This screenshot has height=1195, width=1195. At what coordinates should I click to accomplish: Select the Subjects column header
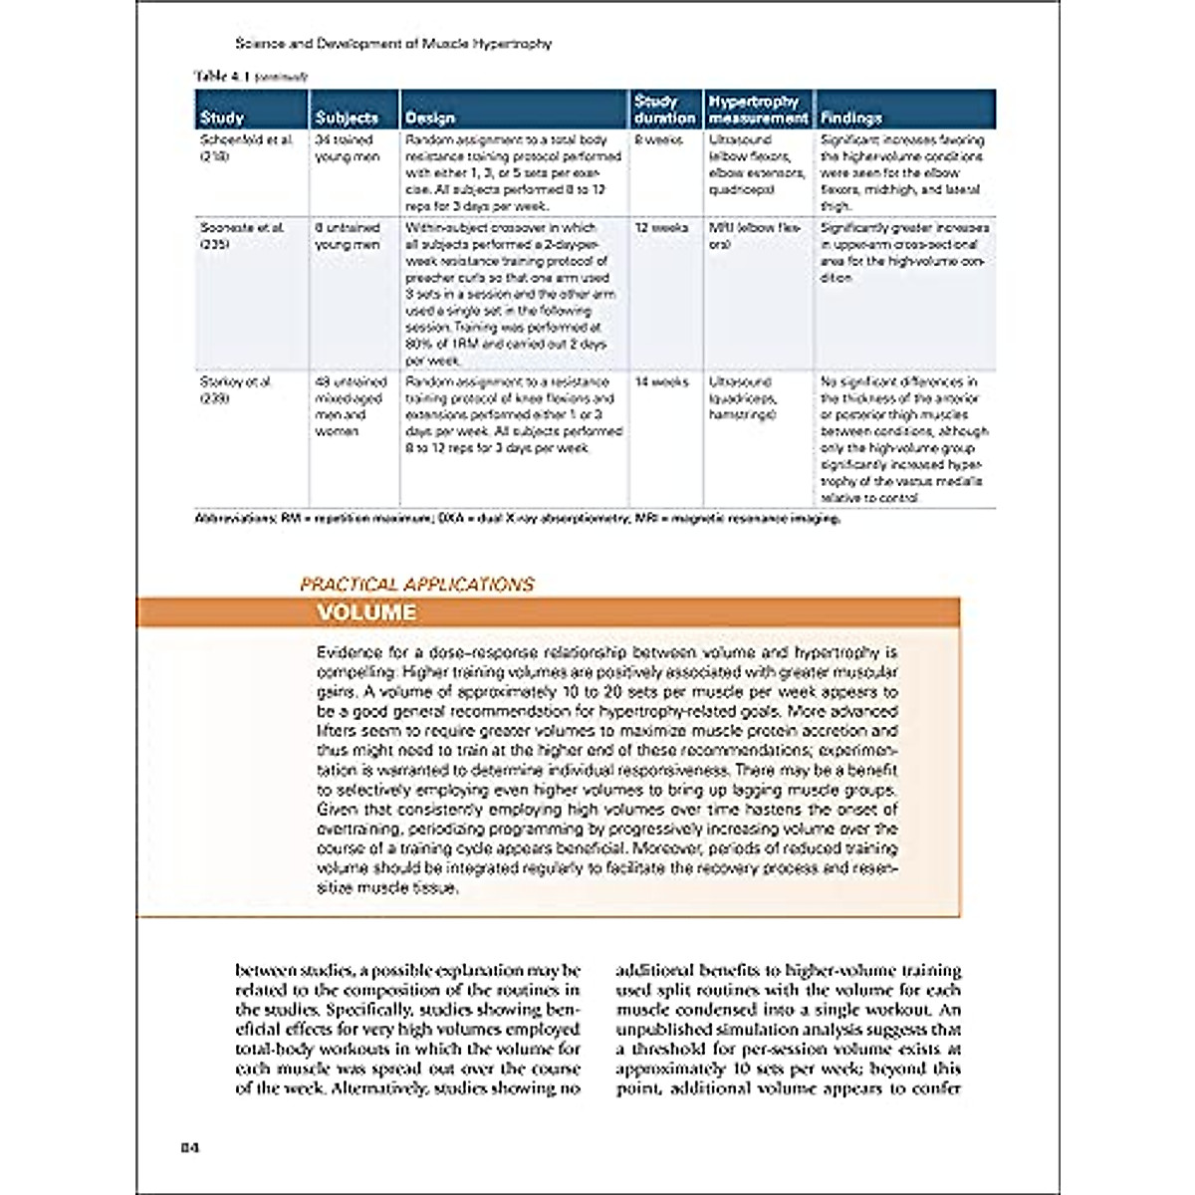(347, 118)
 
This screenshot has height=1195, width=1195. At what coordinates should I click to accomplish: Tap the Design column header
(430, 118)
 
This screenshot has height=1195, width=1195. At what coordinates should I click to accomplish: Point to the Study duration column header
(664, 109)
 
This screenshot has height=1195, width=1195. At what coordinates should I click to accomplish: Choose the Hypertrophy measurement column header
(758, 109)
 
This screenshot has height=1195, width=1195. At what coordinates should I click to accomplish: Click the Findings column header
(851, 118)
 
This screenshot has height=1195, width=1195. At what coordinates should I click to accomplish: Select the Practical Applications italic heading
(417, 585)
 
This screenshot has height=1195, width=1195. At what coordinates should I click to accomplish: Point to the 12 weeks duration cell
(661, 228)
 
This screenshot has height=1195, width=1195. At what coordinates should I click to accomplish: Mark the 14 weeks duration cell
(661, 382)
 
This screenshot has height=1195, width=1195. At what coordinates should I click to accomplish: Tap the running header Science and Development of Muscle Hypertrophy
(392, 44)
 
